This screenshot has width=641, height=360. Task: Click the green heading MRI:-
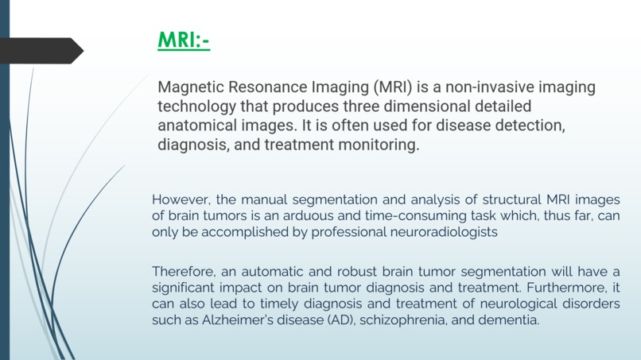(184, 40)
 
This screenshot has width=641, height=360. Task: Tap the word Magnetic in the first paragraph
(190, 87)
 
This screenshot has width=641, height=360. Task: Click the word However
(181, 199)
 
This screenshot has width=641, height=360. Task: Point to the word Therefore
(185, 272)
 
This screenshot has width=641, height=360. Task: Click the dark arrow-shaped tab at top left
(40, 51)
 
